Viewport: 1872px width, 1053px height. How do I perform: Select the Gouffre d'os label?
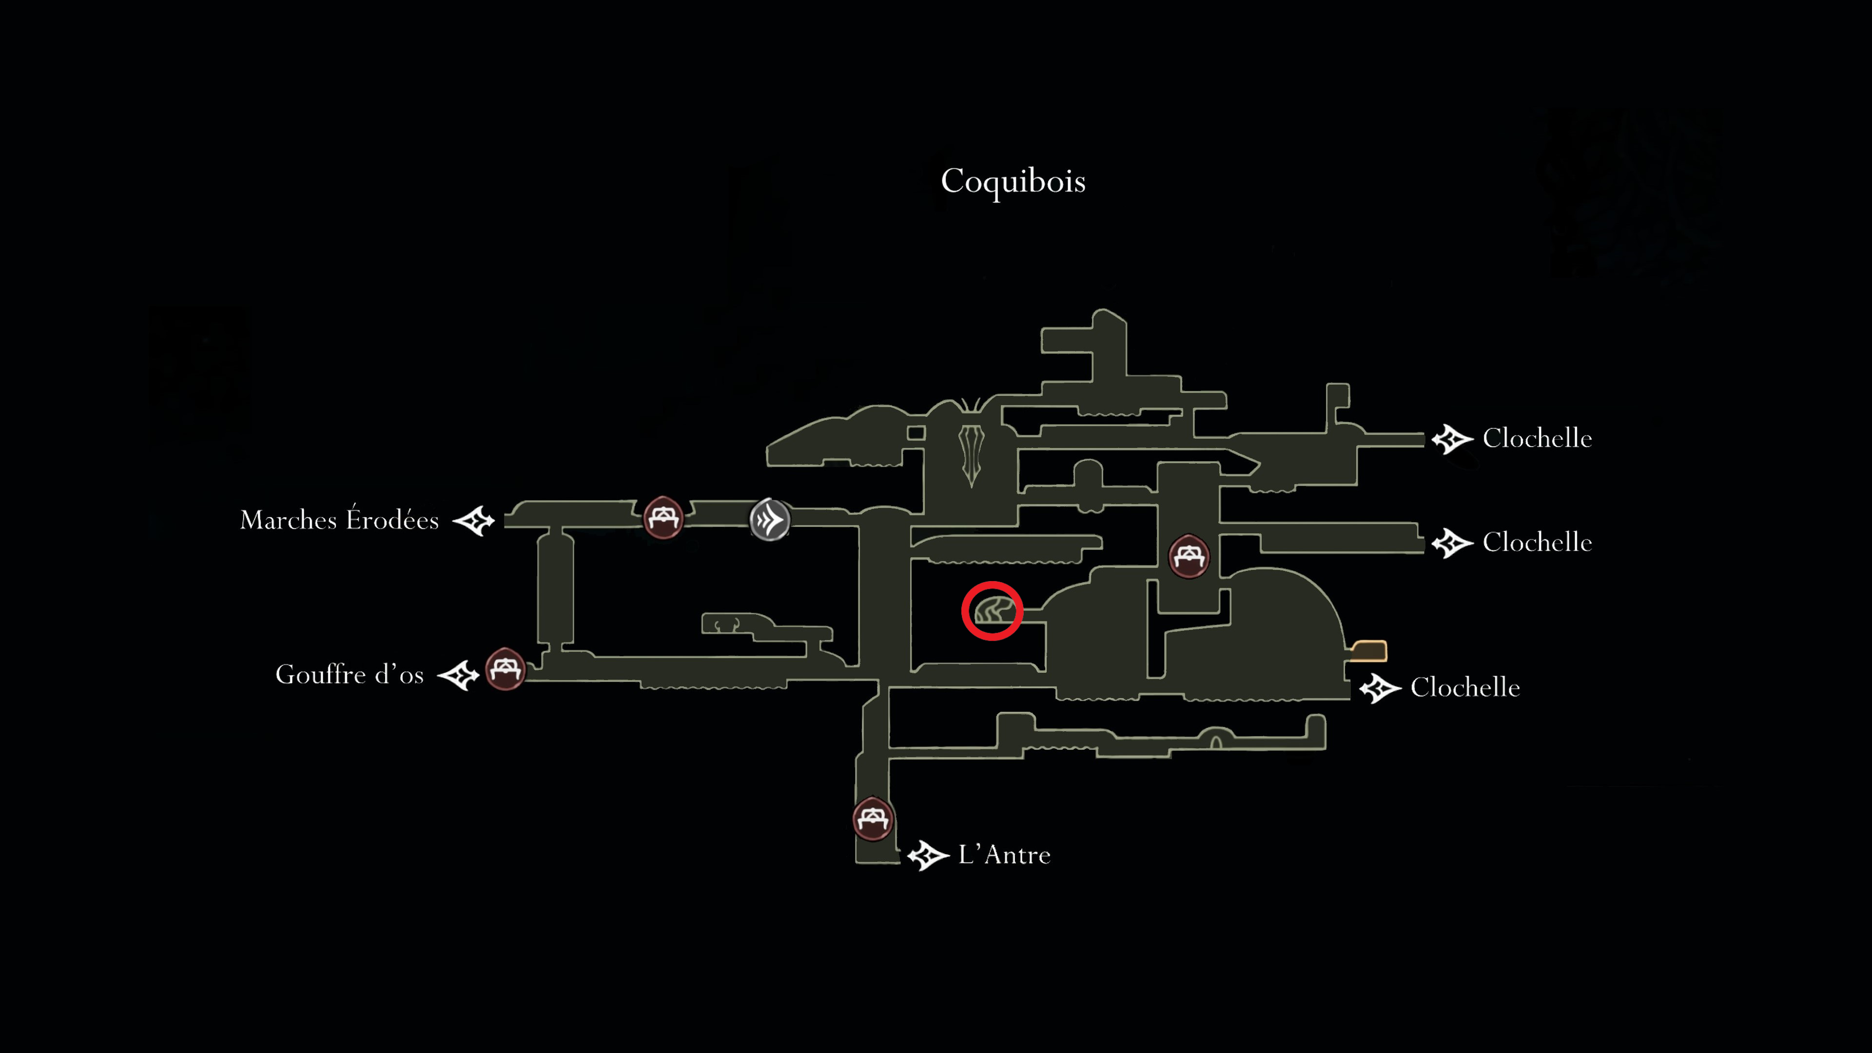[350, 674]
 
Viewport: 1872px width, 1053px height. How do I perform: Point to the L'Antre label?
[1004, 854]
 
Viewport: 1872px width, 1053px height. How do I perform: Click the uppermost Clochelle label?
[1537, 438]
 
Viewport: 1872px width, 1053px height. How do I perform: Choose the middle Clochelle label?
[1537, 542]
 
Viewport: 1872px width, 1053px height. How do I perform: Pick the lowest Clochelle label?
[1465, 687]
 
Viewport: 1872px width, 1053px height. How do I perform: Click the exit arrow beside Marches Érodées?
[474, 520]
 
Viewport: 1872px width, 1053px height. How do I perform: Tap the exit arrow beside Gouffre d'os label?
[459, 675]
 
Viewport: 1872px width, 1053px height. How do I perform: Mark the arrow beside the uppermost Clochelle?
[1452, 439]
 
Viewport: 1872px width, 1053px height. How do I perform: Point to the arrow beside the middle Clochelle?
[1452, 543]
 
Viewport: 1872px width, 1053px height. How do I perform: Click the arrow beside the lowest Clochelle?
[1380, 688]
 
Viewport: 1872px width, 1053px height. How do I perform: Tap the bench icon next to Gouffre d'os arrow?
[505, 668]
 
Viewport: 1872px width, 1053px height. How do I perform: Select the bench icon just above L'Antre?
[872, 819]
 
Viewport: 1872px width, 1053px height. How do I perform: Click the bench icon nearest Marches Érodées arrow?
[663, 517]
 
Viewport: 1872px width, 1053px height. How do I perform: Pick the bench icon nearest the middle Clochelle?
[1188, 556]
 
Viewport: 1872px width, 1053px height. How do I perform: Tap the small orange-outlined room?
[1369, 650]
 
